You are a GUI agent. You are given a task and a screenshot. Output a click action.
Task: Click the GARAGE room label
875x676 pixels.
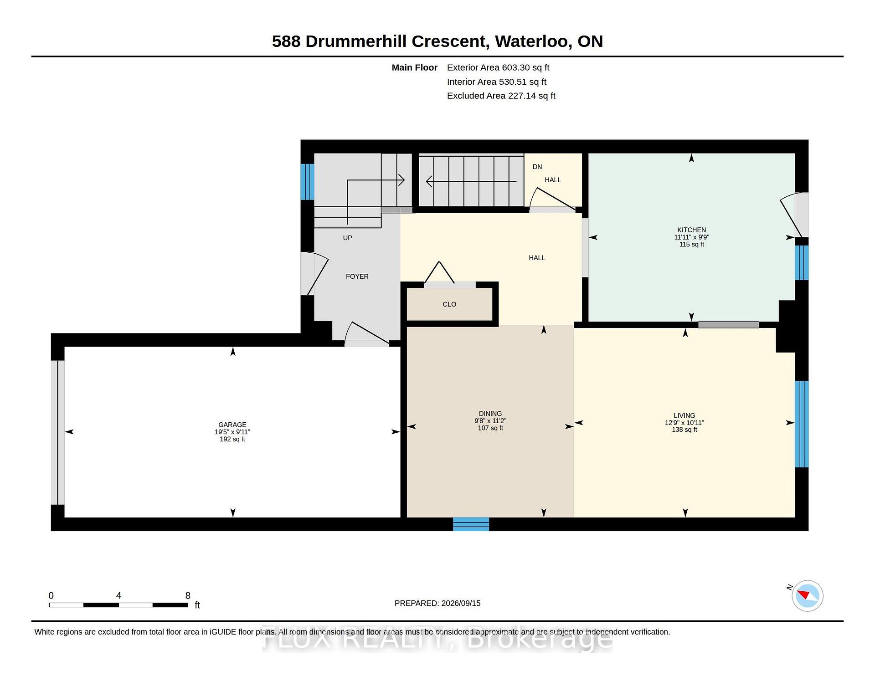click(232, 425)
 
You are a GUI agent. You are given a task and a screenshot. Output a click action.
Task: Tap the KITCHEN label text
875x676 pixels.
click(691, 230)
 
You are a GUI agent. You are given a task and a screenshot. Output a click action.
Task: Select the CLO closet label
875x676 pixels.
click(449, 304)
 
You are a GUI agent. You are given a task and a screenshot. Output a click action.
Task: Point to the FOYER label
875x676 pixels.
click(357, 277)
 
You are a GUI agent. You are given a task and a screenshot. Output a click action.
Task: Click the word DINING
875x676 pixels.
click(490, 414)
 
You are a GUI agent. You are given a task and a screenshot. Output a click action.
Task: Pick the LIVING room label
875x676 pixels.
click(685, 415)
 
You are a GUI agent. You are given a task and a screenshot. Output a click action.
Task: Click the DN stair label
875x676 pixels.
click(537, 167)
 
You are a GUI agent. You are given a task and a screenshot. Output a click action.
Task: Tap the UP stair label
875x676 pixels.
click(348, 238)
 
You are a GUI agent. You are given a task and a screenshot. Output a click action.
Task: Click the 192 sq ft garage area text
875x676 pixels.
click(232, 439)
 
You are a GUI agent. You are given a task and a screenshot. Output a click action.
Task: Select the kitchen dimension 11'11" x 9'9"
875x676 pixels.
click(692, 237)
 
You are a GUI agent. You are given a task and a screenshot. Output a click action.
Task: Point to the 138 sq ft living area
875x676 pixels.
click(685, 430)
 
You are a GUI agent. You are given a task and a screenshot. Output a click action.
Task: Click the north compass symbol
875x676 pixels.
click(807, 595)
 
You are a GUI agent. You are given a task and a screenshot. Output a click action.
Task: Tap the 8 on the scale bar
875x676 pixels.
click(188, 595)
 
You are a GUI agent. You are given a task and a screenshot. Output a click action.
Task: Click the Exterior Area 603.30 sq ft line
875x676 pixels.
click(498, 67)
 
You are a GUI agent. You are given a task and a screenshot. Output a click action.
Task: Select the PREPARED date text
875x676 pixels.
click(437, 603)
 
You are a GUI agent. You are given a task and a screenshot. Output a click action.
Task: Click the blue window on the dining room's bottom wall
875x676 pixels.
click(471, 524)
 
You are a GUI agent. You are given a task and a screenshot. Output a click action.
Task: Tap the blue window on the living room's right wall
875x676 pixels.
click(802, 424)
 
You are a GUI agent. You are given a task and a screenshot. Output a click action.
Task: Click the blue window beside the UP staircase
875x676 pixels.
click(307, 182)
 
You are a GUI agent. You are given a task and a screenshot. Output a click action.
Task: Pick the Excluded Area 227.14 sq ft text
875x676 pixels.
click(501, 96)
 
